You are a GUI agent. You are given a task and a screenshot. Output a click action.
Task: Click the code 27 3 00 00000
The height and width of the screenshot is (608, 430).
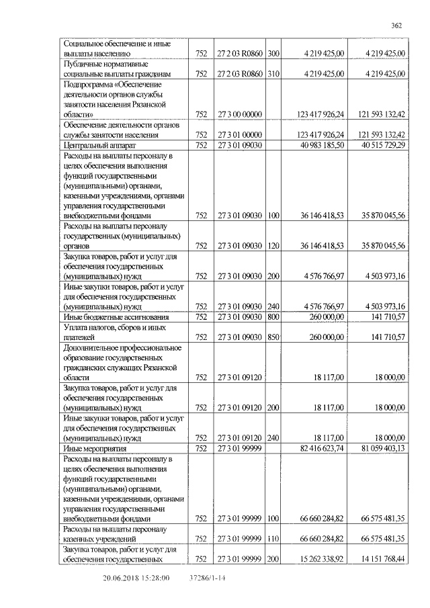pyautogui.click(x=239, y=115)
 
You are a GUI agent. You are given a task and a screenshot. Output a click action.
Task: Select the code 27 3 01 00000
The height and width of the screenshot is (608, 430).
pyautogui.click(x=239, y=134)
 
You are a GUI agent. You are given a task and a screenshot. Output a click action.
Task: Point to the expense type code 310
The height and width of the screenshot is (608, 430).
pyautogui.click(x=273, y=73)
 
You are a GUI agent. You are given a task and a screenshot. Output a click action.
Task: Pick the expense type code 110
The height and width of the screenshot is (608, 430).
pyautogui.click(x=273, y=539)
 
